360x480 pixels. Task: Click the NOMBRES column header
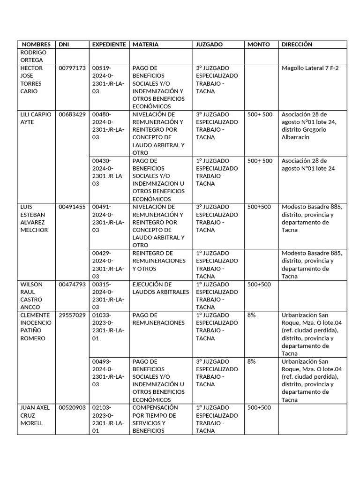coord(36,45)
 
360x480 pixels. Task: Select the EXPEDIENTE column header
coord(109,45)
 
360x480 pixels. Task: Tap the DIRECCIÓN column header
coord(297,45)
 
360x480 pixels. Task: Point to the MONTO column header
coord(259,45)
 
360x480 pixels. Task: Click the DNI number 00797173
coord(72,68)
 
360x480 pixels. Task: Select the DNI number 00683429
coord(72,114)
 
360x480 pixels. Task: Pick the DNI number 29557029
coord(72,315)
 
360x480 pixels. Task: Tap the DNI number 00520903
coord(72,408)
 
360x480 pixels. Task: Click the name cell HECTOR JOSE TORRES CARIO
coord(32,80)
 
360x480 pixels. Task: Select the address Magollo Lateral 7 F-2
coord(310,68)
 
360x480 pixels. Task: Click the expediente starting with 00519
coord(108,80)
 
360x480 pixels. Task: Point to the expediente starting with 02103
coord(108,419)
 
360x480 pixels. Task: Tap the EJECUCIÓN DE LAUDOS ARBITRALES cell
coord(160,288)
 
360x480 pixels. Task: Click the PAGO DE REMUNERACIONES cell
coord(158,319)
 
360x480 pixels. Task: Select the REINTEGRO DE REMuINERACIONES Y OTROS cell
coord(159,261)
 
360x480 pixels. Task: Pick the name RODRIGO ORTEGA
coord(32,56)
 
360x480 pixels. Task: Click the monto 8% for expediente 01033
coord(252,315)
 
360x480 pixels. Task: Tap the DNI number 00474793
coord(72,285)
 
